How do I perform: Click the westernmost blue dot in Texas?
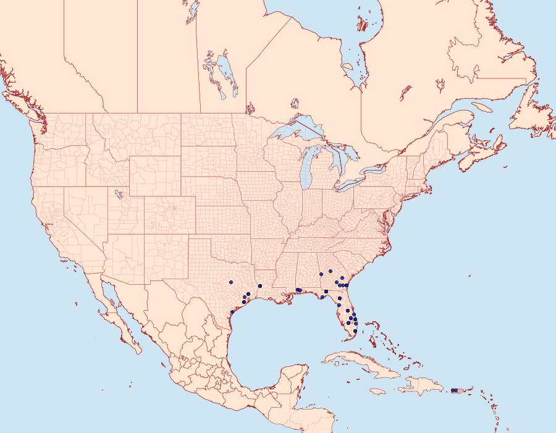[230, 282]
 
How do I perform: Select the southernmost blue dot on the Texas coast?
[230, 311]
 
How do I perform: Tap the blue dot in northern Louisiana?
[260, 286]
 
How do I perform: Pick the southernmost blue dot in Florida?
[355, 331]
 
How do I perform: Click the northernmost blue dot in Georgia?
[331, 271]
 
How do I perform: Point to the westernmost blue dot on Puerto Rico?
[453, 390]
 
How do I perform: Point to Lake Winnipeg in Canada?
[225, 71]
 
